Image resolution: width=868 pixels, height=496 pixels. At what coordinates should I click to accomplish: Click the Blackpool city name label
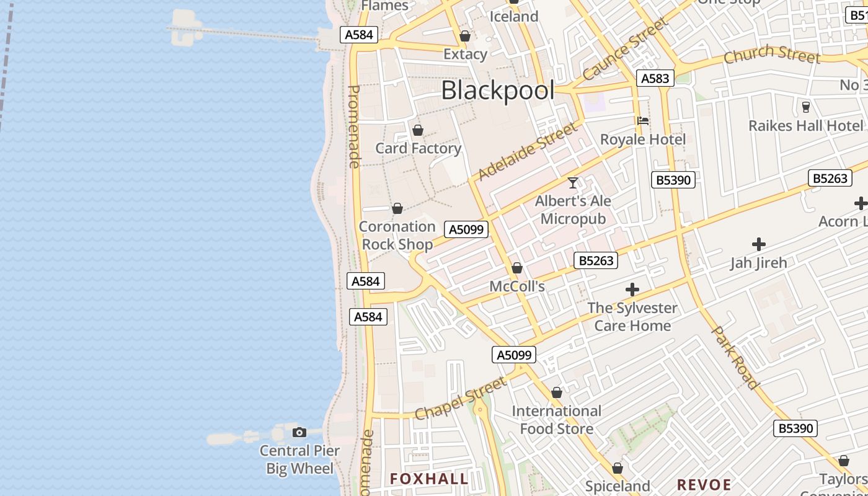tap(498, 91)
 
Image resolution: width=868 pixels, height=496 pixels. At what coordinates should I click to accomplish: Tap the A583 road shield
tap(655, 78)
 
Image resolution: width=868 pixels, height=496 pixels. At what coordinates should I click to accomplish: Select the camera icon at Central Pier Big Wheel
tap(299, 432)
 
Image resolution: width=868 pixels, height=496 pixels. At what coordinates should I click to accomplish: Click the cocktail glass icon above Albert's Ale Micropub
tap(573, 183)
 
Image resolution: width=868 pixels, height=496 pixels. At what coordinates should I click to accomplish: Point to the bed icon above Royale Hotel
tap(643, 121)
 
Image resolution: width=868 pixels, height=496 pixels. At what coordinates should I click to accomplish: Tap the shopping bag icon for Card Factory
tap(418, 130)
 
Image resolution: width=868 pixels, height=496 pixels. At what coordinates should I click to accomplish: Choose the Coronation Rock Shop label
tap(397, 236)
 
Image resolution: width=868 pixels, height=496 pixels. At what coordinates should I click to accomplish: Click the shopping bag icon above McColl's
tap(517, 268)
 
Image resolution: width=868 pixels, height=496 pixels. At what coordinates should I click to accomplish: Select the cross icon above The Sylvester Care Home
tap(632, 290)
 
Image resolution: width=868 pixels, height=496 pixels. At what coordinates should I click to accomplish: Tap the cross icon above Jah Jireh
tap(758, 244)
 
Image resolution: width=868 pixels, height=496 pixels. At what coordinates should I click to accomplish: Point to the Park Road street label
tap(735, 358)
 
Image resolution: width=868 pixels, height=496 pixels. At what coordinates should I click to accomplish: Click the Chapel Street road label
tap(460, 399)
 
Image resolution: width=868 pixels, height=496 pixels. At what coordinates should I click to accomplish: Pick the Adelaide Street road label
tap(528, 151)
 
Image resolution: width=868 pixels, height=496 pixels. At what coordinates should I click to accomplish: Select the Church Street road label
tap(772, 55)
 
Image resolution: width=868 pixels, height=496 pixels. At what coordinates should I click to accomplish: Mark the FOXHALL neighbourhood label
tap(429, 479)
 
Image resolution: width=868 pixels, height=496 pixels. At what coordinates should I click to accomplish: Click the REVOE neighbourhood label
tap(704, 484)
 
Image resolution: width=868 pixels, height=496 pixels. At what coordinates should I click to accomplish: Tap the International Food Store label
tap(557, 420)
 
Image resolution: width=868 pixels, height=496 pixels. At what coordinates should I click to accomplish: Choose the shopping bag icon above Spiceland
tap(618, 468)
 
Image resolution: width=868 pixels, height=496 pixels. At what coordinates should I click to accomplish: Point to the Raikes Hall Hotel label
tap(805, 126)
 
